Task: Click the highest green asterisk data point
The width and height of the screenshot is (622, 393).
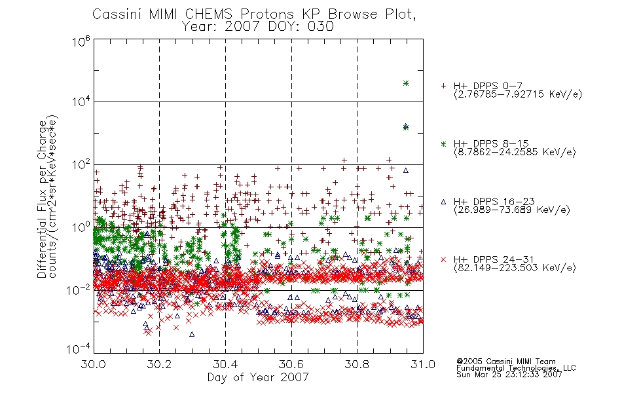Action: point(406,83)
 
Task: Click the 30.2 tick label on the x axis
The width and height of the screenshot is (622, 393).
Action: point(159,364)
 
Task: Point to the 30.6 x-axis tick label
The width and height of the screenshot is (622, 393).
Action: point(291,364)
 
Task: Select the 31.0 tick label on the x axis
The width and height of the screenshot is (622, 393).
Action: point(423,364)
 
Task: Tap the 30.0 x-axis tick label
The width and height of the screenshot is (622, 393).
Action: point(93,364)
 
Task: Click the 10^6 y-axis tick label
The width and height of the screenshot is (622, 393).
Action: point(81,41)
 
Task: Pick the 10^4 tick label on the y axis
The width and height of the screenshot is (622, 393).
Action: point(81,102)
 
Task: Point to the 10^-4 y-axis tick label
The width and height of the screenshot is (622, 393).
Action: point(78,349)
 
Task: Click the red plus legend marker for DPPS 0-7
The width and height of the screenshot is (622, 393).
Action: point(443,86)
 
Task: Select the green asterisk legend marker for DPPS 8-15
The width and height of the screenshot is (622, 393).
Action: point(443,143)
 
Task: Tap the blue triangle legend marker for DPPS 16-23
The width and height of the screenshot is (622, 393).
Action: point(443,202)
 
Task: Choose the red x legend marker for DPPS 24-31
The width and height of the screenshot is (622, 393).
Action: point(443,259)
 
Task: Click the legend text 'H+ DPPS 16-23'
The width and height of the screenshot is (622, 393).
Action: point(494,201)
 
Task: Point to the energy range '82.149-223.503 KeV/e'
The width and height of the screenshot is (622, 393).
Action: point(515,267)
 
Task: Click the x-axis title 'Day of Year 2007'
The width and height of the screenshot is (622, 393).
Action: point(258,377)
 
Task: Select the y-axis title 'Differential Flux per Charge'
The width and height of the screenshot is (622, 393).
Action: point(42,199)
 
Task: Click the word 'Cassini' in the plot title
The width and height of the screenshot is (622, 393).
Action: point(117,14)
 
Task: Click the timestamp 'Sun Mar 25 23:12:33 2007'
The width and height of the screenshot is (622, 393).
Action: point(509,374)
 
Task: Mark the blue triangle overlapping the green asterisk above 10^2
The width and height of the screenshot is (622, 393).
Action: point(406,126)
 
